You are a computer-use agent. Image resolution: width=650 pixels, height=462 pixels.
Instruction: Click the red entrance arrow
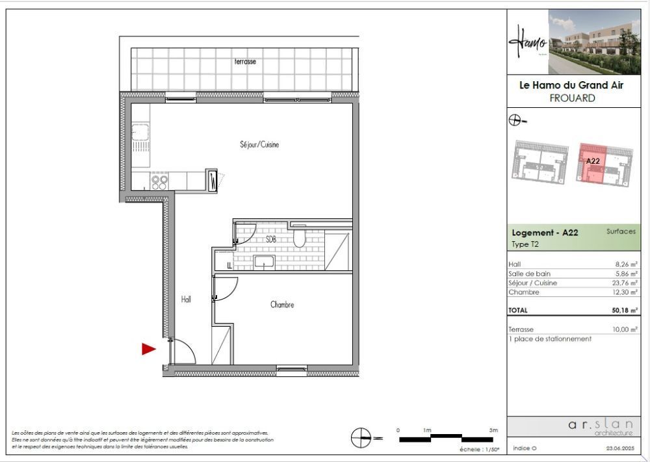tap(149, 350)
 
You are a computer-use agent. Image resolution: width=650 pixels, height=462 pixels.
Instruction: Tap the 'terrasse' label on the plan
tap(245, 62)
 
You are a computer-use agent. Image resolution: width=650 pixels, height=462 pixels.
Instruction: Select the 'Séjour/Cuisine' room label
tap(259, 145)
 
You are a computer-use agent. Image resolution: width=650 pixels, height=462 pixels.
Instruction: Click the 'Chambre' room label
tap(282, 304)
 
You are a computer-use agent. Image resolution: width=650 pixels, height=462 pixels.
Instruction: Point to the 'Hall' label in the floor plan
tap(186, 300)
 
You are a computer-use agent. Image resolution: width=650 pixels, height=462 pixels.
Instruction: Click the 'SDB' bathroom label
tap(271, 239)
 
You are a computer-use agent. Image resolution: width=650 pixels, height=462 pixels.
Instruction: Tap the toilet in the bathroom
tap(299, 238)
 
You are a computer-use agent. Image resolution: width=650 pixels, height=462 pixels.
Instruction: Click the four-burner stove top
tap(160, 181)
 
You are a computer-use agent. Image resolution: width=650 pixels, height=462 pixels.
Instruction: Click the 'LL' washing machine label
tap(229, 265)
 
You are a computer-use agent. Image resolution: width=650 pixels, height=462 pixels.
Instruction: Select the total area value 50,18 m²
tap(624, 311)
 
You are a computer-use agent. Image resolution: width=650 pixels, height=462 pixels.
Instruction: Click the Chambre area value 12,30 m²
tap(625, 292)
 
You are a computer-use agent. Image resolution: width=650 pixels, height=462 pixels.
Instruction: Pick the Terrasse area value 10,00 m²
tap(625, 330)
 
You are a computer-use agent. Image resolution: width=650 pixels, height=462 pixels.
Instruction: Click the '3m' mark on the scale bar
tap(493, 430)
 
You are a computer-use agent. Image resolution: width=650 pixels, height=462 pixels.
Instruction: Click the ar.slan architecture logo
tap(599, 427)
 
